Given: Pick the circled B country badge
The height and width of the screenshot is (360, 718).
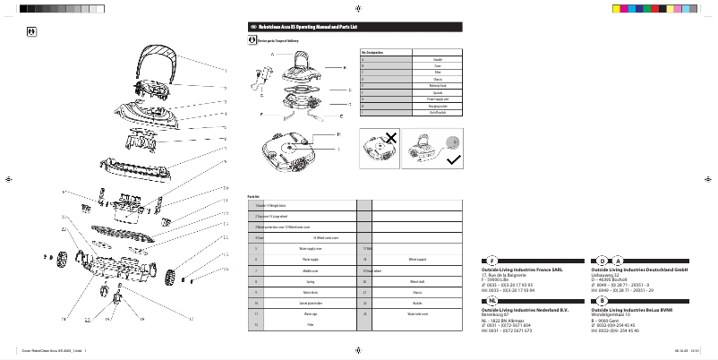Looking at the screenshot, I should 602,301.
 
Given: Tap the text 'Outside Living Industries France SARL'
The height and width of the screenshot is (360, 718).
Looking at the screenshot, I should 522,269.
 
